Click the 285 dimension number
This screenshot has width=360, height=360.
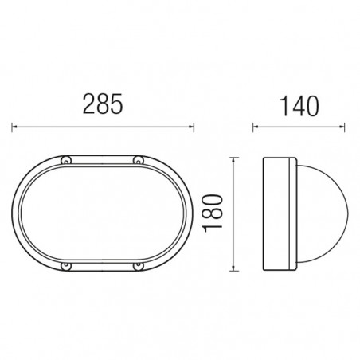pyautogui.click(x=103, y=104)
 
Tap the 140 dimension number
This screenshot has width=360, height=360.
pyautogui.click(x=299, y=106)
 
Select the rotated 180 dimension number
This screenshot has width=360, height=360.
pyautogui.click(x=212, y=213)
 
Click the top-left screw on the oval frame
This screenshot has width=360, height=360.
pyautogui.click(x=66, y=160)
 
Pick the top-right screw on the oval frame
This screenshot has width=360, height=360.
pyautogui.click(x=138, y=160)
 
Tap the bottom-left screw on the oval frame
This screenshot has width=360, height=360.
pyautogui.click(x=66, y=266)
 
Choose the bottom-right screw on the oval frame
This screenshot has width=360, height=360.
pyautogui.click(x=138, y=266)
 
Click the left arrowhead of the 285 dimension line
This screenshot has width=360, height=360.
pyautogui.click(x=14, y=127)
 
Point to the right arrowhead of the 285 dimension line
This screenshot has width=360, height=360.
pyautogui.click(x=191, y=127)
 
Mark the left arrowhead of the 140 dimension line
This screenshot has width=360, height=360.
pyautogui.click(x=256, y=127)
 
